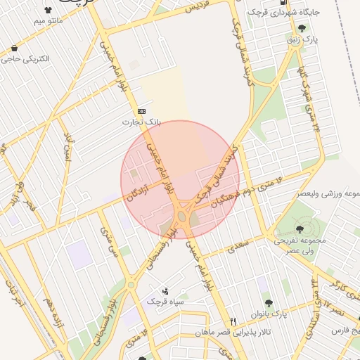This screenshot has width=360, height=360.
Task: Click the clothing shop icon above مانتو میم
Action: click(48, 11)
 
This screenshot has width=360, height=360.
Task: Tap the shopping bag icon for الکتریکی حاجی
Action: click(14, 48)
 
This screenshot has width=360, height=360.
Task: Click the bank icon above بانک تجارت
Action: click(142, 110)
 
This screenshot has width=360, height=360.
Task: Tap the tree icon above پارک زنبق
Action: click(302, 29)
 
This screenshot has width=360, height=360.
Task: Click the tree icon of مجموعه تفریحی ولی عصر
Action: click(300, 229)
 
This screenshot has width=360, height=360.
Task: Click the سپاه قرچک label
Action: click(165, 301)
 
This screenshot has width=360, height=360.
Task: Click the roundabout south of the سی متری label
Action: click(131, 284)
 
